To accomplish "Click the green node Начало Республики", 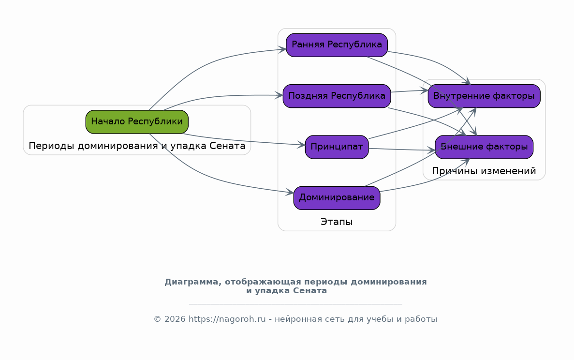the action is click(x=137, y=121).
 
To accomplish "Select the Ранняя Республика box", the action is click(x=337, y=45).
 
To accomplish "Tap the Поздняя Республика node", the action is click(x=337, y=96).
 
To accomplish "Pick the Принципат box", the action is click(x=337, y=147).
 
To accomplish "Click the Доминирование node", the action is click(x=337, y=198).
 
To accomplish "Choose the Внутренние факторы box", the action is click(x=484, y=96).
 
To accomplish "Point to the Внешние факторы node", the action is click(x=484, y=147).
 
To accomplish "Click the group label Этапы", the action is click(x=337, y=222).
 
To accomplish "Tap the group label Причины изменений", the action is click(x=484, y=171).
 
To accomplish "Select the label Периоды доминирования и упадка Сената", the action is click(x=137, y=146).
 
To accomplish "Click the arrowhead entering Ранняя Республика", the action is click(x=282, y=49).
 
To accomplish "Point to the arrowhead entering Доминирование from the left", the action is click(x=290, y=192).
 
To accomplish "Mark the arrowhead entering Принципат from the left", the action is click(x=301, y=145).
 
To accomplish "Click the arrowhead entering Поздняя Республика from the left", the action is click(x=279, y=96).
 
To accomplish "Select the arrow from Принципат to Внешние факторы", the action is click(x=401, y=150).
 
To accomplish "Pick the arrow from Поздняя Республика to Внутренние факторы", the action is click(x=409, y=91).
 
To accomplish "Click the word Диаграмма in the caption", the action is click(x=193, y=282).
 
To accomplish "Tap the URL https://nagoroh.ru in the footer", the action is click(x=227, y=319).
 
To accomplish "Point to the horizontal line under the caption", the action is click(x=295, y=303).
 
